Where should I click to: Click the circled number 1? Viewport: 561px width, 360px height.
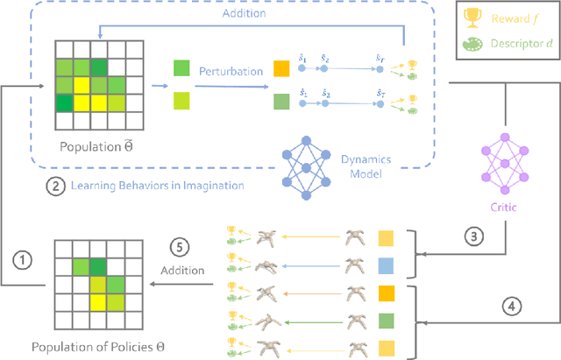(x=24, y=260)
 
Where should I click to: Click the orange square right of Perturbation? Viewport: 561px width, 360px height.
(x=281, y=67)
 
